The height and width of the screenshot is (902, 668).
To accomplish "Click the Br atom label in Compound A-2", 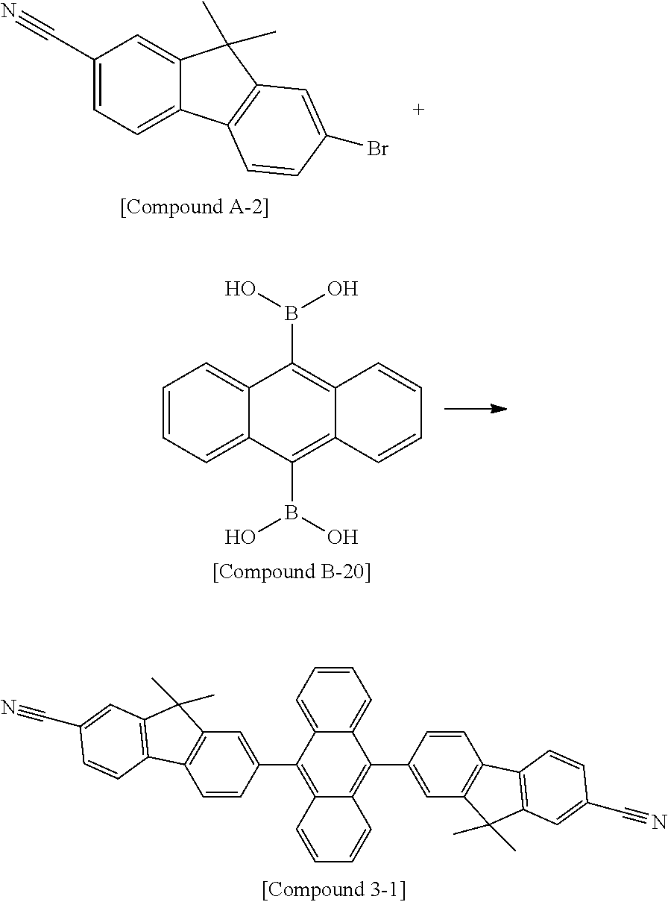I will (x=377, y=149).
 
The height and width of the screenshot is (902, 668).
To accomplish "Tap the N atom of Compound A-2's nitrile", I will (x=9, y=13).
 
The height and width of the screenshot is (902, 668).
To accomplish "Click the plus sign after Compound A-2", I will (x=419, y=110).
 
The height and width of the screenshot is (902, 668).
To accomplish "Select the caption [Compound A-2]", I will (x=195, y=207).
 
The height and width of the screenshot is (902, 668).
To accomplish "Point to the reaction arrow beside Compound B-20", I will (x=475, y=408).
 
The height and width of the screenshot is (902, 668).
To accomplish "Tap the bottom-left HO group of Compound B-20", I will (x=241, y=536).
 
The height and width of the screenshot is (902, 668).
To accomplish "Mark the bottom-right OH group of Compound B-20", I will (x=343, y=536).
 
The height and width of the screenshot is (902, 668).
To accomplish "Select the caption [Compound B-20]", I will (x=292, y=572).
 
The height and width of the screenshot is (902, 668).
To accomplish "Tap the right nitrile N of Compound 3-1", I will (x=658, y=821).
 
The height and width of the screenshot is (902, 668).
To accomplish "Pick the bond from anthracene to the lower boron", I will (x=291, y=483).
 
